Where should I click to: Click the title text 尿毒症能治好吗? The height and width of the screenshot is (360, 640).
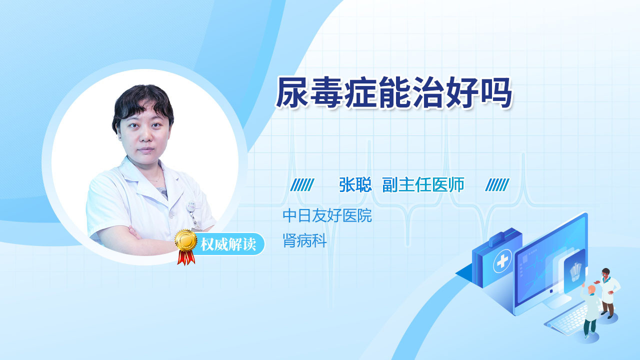pyautogui.click(x=394, y=92)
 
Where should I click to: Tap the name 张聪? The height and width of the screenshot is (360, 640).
pyautogui.click(x=355, y=184)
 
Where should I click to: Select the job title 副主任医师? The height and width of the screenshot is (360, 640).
pyautogui.click(x=423, y=184)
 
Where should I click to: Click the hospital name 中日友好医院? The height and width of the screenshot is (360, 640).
pyautogui.click(x=327, y=215)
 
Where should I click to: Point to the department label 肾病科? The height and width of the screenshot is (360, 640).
pyautogui.click(x=304, y=240)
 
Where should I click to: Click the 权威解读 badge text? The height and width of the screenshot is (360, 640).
pyautogui.click(x=228, y=244)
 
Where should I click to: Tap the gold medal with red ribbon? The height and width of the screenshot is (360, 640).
pyautogui.click(x=186, y=247)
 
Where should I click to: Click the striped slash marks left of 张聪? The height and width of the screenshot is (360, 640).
pyautogui.click(x=302, y=185)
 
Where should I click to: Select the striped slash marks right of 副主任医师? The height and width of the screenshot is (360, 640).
pyautogui.click(x=497, y=185)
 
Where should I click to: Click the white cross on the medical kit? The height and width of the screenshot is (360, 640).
pyautogui.click(x=502, y=261)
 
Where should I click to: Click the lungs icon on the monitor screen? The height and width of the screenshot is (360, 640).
pyautogui.click(x=575, y=272)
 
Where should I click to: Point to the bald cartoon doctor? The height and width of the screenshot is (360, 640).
pyautogui.click(x=589, y=311)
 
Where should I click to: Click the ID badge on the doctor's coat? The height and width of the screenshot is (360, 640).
pyautogui.click(x=191, y=206)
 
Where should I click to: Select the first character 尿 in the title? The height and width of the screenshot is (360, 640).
pyautogui.click(x=292, y=92)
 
